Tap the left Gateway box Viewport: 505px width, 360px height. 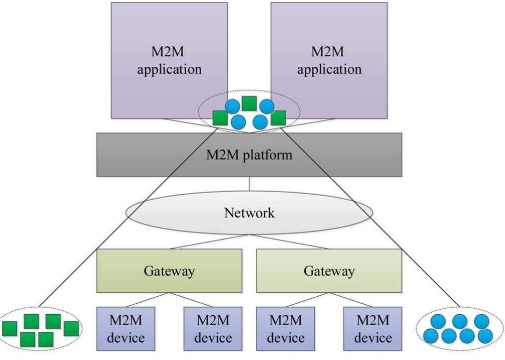pos(169,271)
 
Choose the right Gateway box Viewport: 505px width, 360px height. pos(329,271)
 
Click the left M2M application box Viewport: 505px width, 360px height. pos(169,60)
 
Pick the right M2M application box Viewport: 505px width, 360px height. pos(329,60)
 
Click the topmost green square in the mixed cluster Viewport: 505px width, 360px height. pos(249,104)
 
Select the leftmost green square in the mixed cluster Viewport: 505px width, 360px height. pos(220,118)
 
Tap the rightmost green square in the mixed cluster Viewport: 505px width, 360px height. pos(278,118)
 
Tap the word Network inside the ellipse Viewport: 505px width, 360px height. pos(249,213)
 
